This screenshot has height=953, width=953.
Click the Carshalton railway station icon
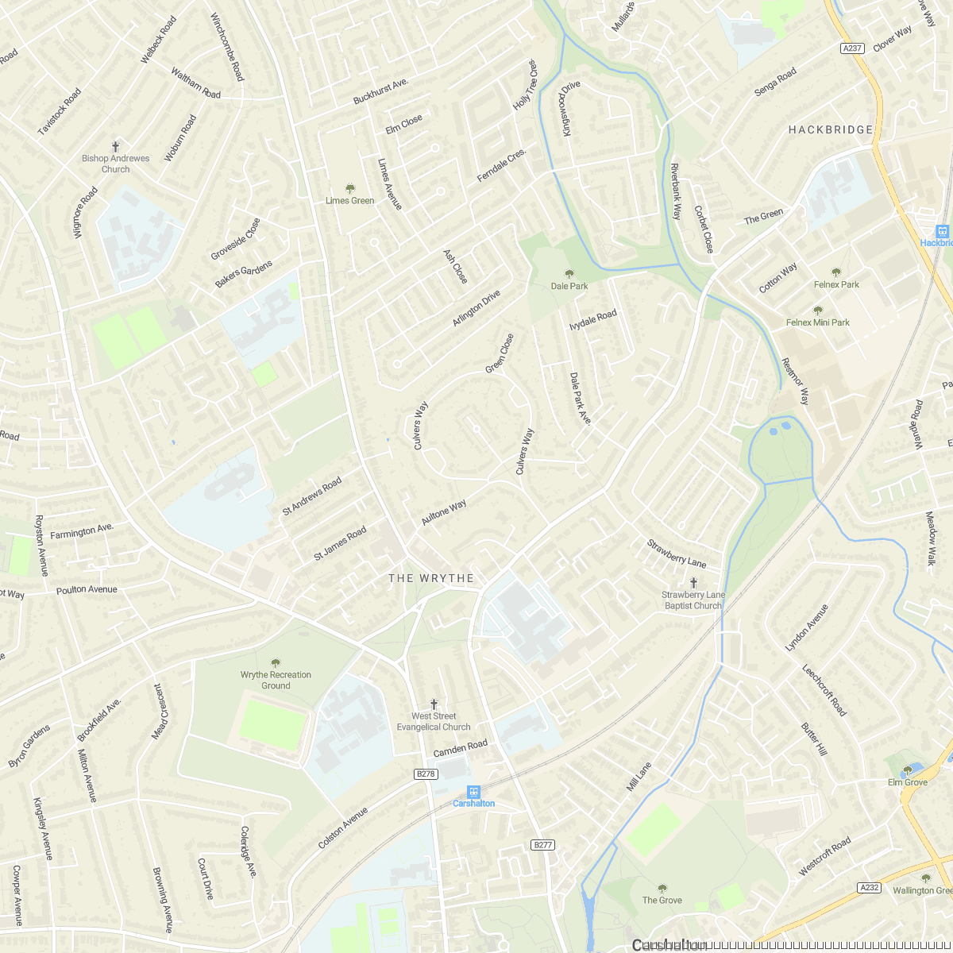point(474,791)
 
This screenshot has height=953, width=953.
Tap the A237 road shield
point(852,48)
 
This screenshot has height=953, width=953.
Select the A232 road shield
point(870,887)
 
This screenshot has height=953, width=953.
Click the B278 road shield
point(426,774)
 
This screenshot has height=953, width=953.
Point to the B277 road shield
point(543,845)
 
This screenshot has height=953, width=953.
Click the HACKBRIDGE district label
point(831,129)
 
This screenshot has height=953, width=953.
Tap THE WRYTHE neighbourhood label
point(431,578)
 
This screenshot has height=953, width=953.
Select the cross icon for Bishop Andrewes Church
point(115,147)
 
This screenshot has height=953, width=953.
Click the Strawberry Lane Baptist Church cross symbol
point(693,583)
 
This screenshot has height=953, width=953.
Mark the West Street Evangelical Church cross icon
point(434,704)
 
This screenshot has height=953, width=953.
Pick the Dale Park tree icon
point(569,274)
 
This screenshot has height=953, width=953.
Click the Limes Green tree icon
point(350,188)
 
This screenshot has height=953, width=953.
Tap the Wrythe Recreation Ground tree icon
point(276,663)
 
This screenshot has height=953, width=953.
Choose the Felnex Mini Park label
point(818,322)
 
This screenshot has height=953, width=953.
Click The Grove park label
point(662,900)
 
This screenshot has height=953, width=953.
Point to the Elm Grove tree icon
point(908,770)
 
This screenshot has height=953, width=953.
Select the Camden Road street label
point(461,748)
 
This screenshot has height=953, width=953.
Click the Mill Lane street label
point(639,777)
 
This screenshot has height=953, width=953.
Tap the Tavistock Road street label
point(60,112)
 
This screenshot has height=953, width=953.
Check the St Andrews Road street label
point(312,496)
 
